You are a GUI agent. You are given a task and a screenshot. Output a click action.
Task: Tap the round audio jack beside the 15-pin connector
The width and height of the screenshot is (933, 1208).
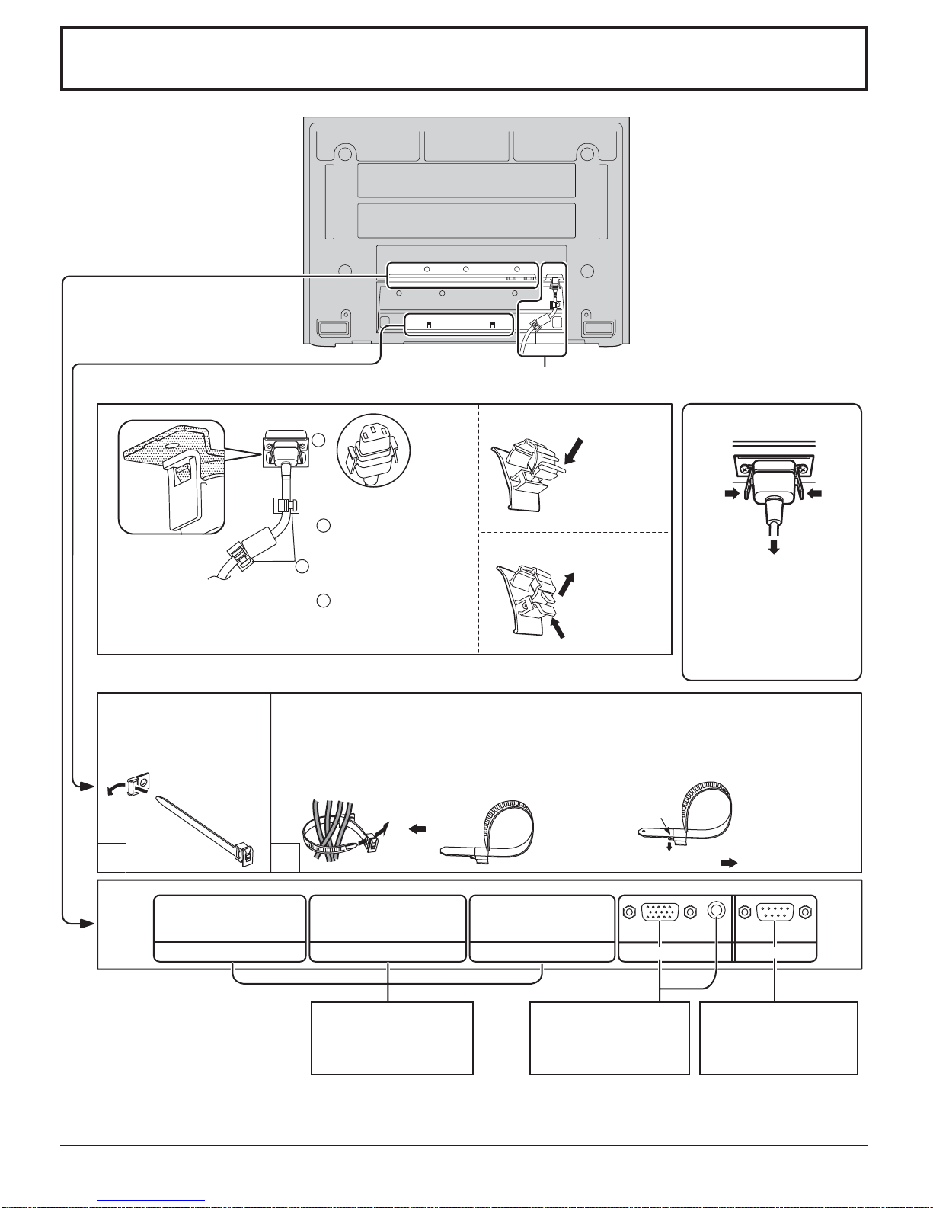716,912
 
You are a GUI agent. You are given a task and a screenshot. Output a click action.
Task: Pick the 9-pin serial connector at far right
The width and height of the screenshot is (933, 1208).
774,912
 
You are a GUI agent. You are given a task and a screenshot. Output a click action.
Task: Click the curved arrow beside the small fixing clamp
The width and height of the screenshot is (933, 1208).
117,787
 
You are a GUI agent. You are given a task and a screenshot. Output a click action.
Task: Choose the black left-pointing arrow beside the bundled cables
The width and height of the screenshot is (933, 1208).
417,829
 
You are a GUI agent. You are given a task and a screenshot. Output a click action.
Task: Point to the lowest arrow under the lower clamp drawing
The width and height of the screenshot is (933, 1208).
559,627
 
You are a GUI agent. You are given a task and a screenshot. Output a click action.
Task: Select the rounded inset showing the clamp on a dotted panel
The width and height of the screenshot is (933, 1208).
172,477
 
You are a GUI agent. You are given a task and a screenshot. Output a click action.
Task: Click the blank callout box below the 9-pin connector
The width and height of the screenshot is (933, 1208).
778,1037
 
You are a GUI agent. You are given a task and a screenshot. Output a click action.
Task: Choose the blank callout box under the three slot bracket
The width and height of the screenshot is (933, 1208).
392,1037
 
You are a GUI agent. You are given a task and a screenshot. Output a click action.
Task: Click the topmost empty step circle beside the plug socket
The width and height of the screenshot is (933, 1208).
319,441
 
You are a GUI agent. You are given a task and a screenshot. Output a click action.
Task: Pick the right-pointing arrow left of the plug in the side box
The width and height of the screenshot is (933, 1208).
733,495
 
